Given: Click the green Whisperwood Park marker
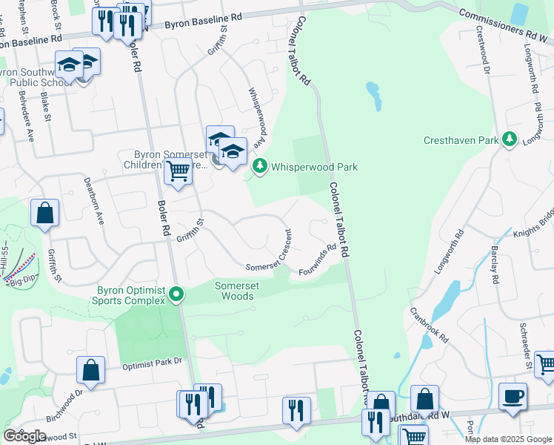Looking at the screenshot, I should [x=259, y=167].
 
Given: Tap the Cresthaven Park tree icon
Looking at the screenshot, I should [x=509, y=139].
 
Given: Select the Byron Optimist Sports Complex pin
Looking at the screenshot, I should [x=176, y=295].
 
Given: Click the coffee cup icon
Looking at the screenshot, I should [x=513, y=396].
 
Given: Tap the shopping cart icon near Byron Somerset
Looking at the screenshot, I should [x=178, y=171].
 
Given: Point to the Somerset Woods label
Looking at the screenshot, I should [x=234, y=291].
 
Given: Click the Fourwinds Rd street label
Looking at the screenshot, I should [x=318, y=260].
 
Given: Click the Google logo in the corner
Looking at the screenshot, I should [x=24, y=436].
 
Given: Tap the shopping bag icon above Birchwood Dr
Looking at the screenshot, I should [x=90, y=371].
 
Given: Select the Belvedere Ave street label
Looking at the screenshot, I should [x=30, y=120].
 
